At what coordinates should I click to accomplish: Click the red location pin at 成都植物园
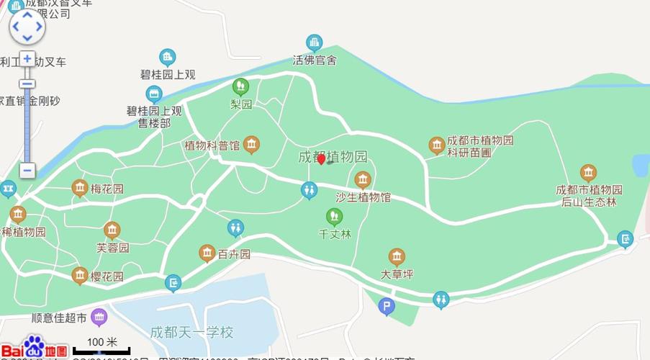point(322,159)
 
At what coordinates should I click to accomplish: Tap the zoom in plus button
point(27,58)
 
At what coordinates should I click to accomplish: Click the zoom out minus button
point(27,171)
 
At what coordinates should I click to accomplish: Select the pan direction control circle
point(27,27)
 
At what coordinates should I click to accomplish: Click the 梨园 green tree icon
point(240,87)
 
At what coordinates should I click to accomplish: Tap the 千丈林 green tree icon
point(334,216)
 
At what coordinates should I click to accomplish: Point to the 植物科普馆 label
point(212,145)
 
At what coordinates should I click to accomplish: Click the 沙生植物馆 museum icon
point(363,179)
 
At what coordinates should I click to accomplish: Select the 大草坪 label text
point(397,274)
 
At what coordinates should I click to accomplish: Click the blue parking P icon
point(387,307)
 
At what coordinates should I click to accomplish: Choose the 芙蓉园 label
point(112,248)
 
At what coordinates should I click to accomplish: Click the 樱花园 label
point(107,276)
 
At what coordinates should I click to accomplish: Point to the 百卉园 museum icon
point(207,253)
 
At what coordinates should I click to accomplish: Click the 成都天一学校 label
point(191,333)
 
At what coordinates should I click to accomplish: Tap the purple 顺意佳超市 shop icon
point(99,317)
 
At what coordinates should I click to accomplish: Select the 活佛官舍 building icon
point(314,43)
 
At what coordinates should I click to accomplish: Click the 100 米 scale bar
point(101,347)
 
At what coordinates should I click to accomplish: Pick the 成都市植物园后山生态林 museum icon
point(589,173)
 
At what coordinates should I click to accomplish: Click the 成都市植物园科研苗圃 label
point(480,146)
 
